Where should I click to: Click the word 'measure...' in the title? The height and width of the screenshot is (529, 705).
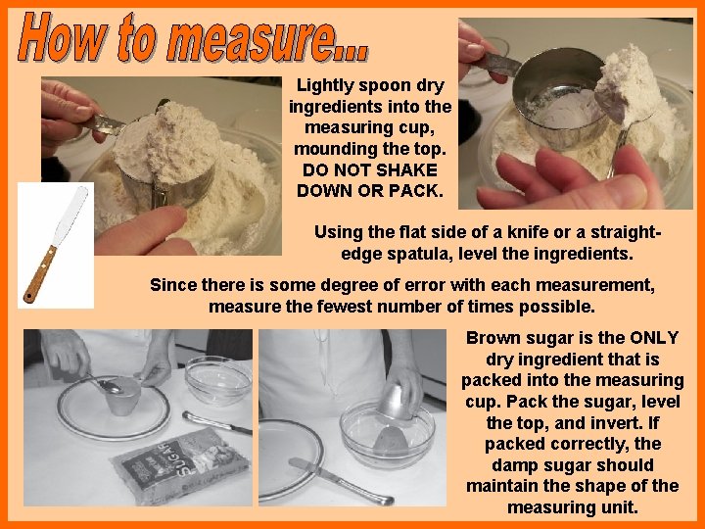click(267, 37)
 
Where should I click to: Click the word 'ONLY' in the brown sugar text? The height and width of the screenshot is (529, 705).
click(654, 338)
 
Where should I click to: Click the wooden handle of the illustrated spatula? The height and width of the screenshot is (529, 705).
click(39, 274)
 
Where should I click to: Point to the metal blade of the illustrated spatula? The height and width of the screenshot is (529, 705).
click(70, 216)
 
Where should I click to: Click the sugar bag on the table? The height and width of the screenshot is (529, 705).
click(181, 465)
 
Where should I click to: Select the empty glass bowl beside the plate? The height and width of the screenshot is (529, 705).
click(218, 379)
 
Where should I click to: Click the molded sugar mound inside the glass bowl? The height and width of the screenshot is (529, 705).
click(390, 440)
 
